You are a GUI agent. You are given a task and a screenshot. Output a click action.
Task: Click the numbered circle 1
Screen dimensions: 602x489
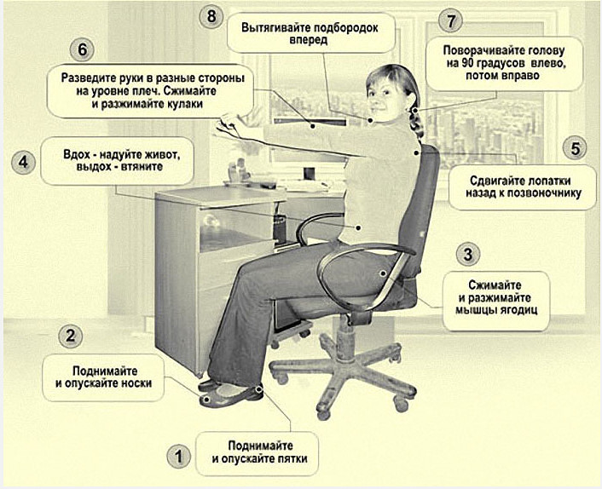(179, 457)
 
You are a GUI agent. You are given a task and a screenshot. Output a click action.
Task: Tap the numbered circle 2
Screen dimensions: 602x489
(71, 337)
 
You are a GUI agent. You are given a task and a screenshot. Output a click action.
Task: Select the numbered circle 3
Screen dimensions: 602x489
(468, 254)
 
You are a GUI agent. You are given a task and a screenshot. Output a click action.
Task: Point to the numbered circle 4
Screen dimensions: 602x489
(23, 162)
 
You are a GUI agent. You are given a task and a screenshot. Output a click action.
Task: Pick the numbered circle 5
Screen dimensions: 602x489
(575, 148)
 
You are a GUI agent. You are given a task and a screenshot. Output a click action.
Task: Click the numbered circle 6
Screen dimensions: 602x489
(82, 50)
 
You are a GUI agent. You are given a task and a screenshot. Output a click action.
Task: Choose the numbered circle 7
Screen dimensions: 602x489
(450, 20)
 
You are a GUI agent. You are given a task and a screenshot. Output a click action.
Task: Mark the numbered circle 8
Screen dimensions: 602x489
(211, 16)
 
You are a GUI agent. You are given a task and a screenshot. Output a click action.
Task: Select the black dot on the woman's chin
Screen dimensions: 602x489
(370, 120)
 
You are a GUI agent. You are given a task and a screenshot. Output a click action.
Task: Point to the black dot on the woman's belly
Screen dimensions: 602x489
(359, 227)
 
